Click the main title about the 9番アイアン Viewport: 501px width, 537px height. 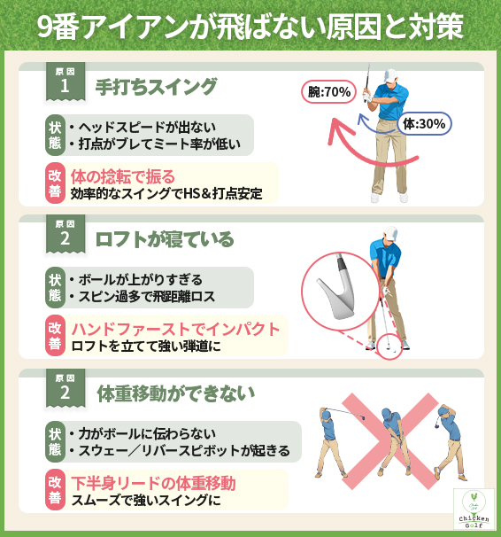pyautogui.click(x=250, y=27)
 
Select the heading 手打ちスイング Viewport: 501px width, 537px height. pyautogui.click(x=156, y=86)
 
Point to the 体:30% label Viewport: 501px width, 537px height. pyautogui.click(x=422, y=123)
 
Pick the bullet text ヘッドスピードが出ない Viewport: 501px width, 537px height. pyautogui.click(x=147, y=127)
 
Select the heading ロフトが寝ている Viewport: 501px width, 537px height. pyautogui.click(x=165, y=237)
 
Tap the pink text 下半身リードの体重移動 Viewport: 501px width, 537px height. pyautogui.click(x=153, y=484)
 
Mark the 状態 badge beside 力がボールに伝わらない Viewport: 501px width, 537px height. pyautogui.click(x=55, y=442)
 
